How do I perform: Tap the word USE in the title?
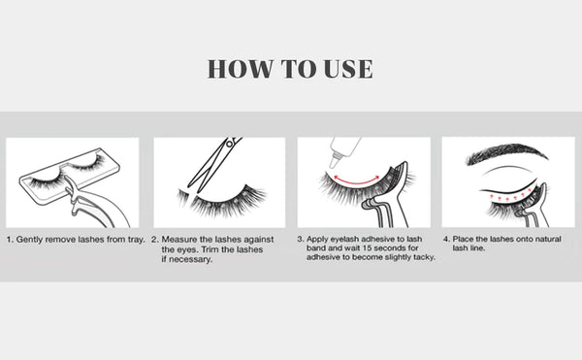pos(348,69)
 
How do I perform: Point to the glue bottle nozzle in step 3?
pos(335,161)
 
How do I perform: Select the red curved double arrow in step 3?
pos(356,182)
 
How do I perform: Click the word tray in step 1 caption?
pos(136,240)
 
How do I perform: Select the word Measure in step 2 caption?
pos(179,240)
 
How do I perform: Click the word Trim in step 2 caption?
pos(210,249)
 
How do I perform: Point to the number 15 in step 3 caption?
pos(367,247)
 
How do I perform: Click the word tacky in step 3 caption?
pos(425,257)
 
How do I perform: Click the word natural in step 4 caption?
pos(548,239)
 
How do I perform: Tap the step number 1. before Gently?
pos(10,240)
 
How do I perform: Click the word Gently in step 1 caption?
pos(29,240)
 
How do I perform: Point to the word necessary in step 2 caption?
pos(189,259)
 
